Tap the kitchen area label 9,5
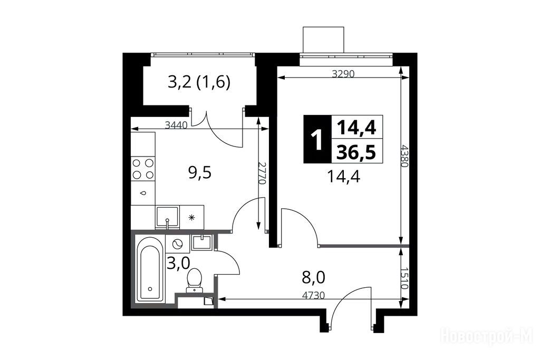coord(200,172)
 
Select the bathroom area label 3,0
coord(178,264)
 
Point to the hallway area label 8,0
coord(314,277)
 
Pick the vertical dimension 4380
coord(404,156)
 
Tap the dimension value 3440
coord(176,125)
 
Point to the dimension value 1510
coord(404,278)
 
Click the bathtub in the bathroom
coord(149,269)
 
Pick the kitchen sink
coord(167,217)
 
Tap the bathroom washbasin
coord(202,241)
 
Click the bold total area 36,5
coord(356,151)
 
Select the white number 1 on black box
coord(317,139)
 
